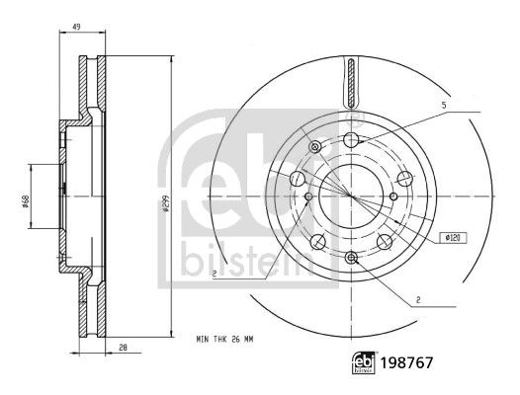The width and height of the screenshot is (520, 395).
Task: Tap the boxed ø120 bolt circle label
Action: coord(455,237)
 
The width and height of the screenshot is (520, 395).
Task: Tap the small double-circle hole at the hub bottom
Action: coord(352,257)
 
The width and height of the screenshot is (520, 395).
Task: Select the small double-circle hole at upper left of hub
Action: coord(315,147)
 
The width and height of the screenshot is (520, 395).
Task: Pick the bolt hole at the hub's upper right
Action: coord(403,179)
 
